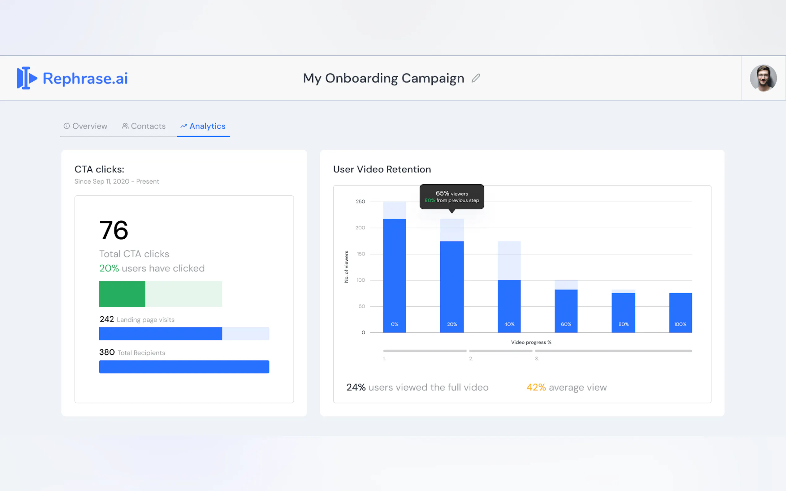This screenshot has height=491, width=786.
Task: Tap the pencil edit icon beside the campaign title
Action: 476,78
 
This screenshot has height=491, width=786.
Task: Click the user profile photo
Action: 763,78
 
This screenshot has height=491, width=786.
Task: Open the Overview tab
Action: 85,126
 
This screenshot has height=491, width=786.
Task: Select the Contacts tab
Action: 144,126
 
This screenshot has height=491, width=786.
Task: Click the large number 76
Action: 114,230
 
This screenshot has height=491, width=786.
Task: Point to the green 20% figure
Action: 109,268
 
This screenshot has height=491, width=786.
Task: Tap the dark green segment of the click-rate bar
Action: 122,294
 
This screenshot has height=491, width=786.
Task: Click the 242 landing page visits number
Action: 106,319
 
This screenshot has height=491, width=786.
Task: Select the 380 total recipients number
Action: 107,352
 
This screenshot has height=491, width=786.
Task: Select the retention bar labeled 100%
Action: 680,312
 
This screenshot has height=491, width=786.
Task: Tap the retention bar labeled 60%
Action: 566,311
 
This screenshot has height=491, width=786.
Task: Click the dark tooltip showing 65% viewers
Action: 452,196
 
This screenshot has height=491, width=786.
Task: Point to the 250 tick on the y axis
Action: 360,202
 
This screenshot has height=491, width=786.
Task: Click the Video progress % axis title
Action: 531,342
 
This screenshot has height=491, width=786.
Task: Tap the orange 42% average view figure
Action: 536,387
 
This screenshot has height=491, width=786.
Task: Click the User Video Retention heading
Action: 382,169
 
